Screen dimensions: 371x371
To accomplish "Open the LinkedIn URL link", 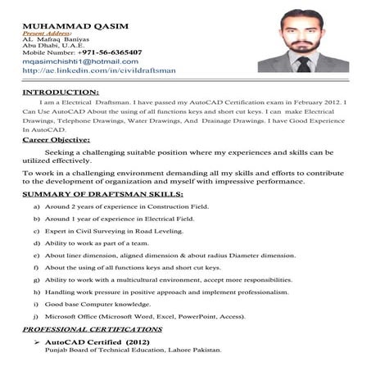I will (x=99, y=71).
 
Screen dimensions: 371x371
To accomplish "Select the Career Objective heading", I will (x=57, y=141).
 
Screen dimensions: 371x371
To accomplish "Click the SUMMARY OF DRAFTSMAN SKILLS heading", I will (x=102, y=194).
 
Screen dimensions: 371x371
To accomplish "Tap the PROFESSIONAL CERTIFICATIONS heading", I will (x=92, y=329).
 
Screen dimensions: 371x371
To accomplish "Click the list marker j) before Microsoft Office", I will (x=37, y=315).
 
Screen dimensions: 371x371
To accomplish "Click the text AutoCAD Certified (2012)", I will (x=97, y=340).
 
